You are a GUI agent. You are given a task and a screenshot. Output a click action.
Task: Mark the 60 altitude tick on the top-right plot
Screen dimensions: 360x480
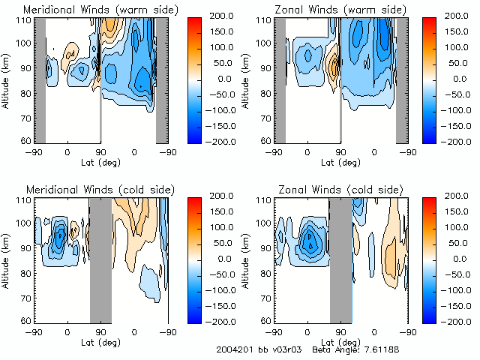266,140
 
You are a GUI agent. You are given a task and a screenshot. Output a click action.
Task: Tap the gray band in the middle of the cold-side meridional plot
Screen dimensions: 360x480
100,259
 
